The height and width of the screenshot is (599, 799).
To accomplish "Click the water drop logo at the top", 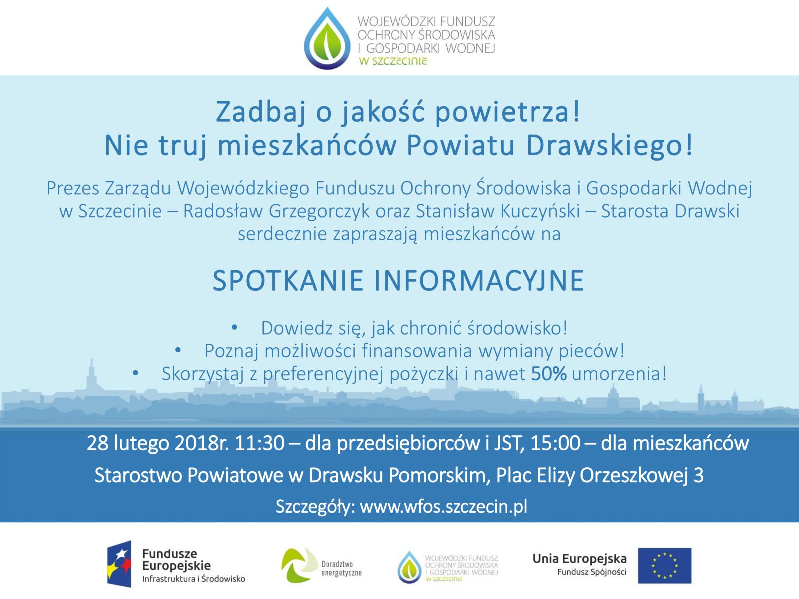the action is [x=327, y=38].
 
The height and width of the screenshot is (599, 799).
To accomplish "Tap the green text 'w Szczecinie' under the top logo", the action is [x=393, y=61].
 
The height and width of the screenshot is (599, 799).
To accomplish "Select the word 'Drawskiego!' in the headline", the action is [x=609, y=146].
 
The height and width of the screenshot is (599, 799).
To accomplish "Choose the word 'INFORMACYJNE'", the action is [x=479, y=281].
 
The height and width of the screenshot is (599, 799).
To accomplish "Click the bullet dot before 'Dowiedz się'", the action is [x=234, y=328].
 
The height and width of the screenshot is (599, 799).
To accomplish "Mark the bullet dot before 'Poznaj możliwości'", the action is [x=178, y=350].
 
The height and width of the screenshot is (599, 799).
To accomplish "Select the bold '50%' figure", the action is [x=549, y=374].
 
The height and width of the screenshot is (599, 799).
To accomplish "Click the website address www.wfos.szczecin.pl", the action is [x=443, y=506].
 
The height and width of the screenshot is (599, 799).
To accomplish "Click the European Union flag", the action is [x=664, y=566].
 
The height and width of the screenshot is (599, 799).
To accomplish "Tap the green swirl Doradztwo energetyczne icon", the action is [x=299, y=565].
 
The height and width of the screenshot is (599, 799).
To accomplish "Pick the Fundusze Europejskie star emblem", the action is [x=119, y=564].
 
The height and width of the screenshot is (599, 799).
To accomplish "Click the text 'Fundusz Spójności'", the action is [x=592, y=572].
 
